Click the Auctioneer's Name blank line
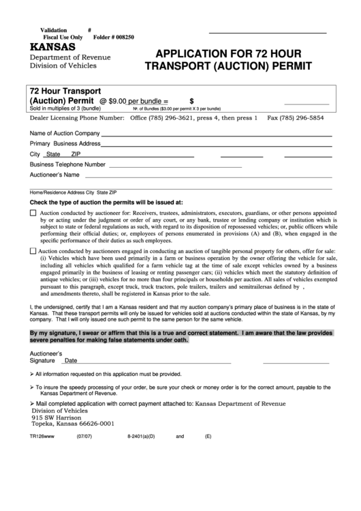coord(204,175)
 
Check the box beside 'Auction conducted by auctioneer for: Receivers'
coord(34,214)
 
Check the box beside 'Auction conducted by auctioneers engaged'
coord(34,251)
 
